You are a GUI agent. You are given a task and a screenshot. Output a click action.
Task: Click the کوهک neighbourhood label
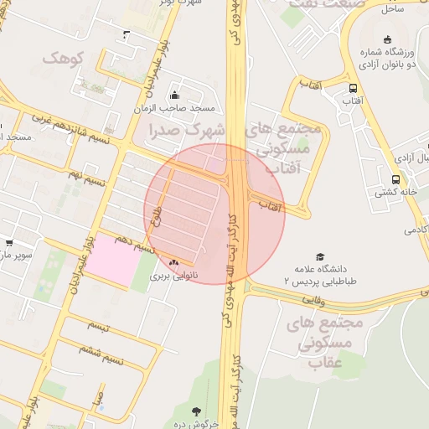(x=65, y=59)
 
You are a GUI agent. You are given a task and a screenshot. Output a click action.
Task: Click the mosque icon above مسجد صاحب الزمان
(x=174, y=95)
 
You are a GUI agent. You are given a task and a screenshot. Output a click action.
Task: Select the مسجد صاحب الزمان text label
(x=174, y=109)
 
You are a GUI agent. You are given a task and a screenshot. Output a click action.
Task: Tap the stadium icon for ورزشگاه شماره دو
(x=387, y=39)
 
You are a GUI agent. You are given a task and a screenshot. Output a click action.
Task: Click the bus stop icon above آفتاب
(x=352, y=87)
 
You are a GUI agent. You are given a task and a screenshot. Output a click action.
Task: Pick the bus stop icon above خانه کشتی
(x=395, y=178)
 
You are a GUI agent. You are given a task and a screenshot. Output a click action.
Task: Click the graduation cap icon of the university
(x=319, y=256)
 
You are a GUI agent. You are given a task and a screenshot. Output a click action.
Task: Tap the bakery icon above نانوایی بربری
(x=174, y=263)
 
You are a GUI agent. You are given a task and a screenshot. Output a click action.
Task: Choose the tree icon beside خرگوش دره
(x=196, y=411)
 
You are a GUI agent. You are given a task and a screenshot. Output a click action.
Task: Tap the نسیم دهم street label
(x=135, y=244)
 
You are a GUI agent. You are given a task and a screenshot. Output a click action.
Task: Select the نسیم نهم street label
(x=88, y=178)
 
